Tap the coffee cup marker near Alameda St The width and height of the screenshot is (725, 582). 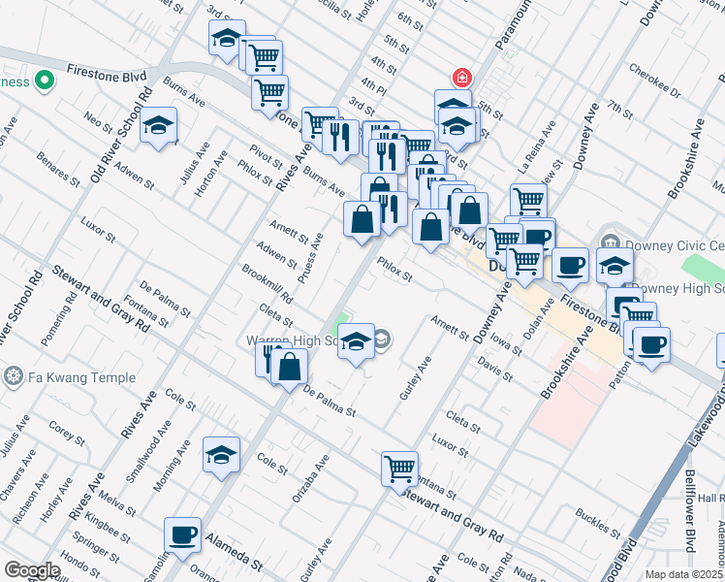(183, 533)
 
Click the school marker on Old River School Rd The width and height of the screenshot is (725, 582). (158, 125)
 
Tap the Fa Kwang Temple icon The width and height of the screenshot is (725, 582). (13, 375)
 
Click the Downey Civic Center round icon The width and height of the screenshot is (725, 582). (610, 242)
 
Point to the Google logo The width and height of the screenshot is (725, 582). (32, 570)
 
